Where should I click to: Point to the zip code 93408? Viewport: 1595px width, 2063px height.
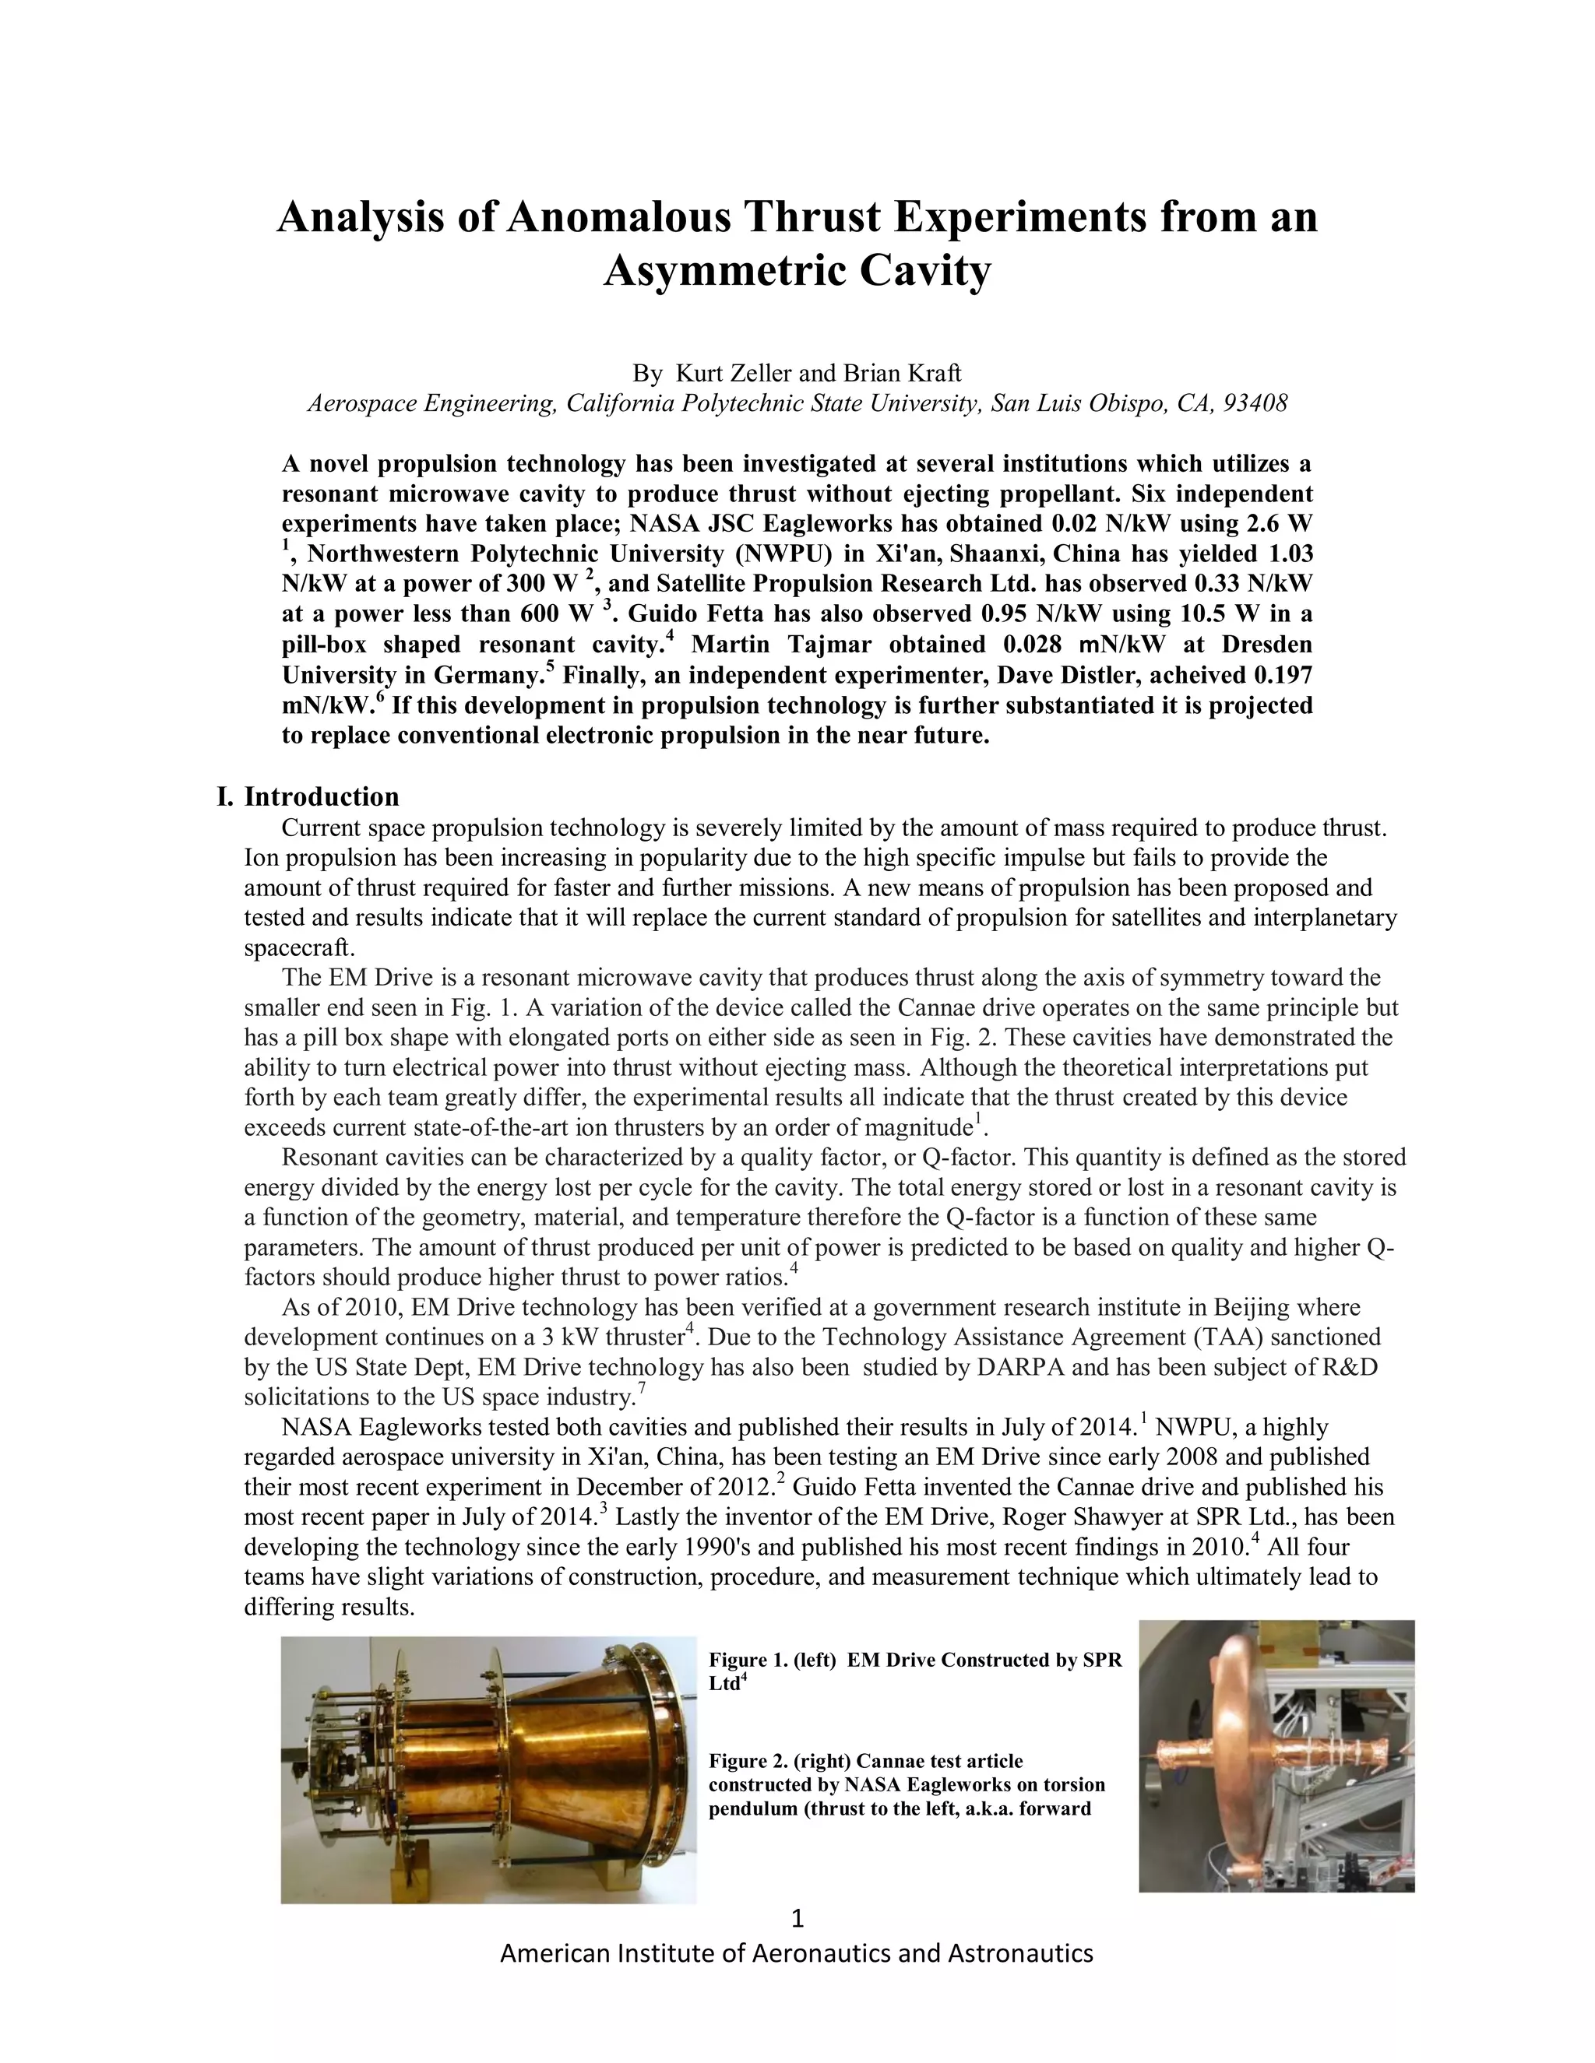(x=1255, y=403)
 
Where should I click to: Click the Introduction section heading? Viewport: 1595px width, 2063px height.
(x=322, y=796)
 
